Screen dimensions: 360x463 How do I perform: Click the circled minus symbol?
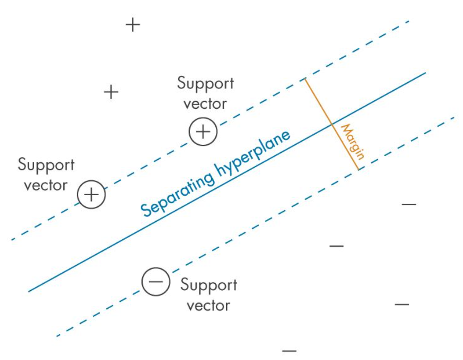click(156, 281)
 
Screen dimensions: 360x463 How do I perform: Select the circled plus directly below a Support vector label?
click(203, 131)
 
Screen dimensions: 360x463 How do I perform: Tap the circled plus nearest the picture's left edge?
click(91, 194)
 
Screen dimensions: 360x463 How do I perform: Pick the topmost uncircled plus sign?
click(133, 25)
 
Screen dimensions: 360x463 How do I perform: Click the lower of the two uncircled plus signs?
click(111, 92)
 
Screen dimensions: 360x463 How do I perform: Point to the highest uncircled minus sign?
click(409, 205)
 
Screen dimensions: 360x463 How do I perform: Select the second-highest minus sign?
click(337, 246)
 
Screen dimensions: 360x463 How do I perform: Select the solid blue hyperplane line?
click(107, 248)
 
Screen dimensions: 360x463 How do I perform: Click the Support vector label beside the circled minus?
click(209, 295)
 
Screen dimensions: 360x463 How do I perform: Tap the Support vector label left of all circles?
click(46, 175)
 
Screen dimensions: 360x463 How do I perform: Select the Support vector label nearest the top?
click(206, 93)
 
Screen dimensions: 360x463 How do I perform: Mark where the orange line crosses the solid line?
click(332, 124)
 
